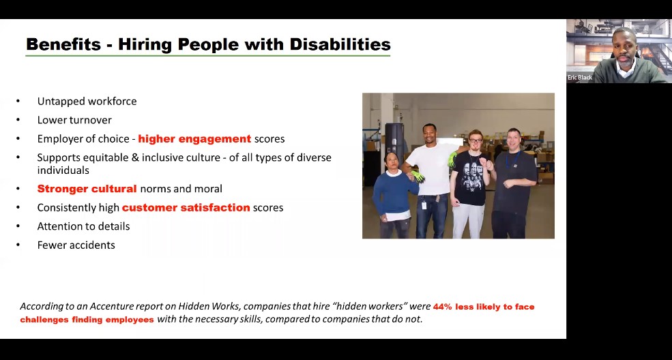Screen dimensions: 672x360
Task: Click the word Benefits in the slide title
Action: tap(63, 44)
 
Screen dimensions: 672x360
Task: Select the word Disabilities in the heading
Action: tap(340, 44)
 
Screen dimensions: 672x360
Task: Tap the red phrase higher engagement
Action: tap(194, 139)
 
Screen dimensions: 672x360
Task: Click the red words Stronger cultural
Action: tap(87, 189)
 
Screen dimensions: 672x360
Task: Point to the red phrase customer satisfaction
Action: tap(186, 207)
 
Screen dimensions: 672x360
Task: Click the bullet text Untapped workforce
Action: tap(87, 102)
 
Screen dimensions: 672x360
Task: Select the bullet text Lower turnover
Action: tap(74, 120)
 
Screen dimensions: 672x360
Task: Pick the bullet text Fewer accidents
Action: tap(76, 245)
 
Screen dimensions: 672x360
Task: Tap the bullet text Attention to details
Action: tap(83, 226)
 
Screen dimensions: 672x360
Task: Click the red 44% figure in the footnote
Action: tap(442, 307)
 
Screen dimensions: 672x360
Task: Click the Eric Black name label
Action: tap(580, 78)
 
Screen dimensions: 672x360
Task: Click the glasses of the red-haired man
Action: tap(476, 140)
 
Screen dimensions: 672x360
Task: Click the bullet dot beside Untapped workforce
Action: tap(18, 102)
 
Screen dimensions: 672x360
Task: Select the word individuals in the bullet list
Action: tap(63, 170)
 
